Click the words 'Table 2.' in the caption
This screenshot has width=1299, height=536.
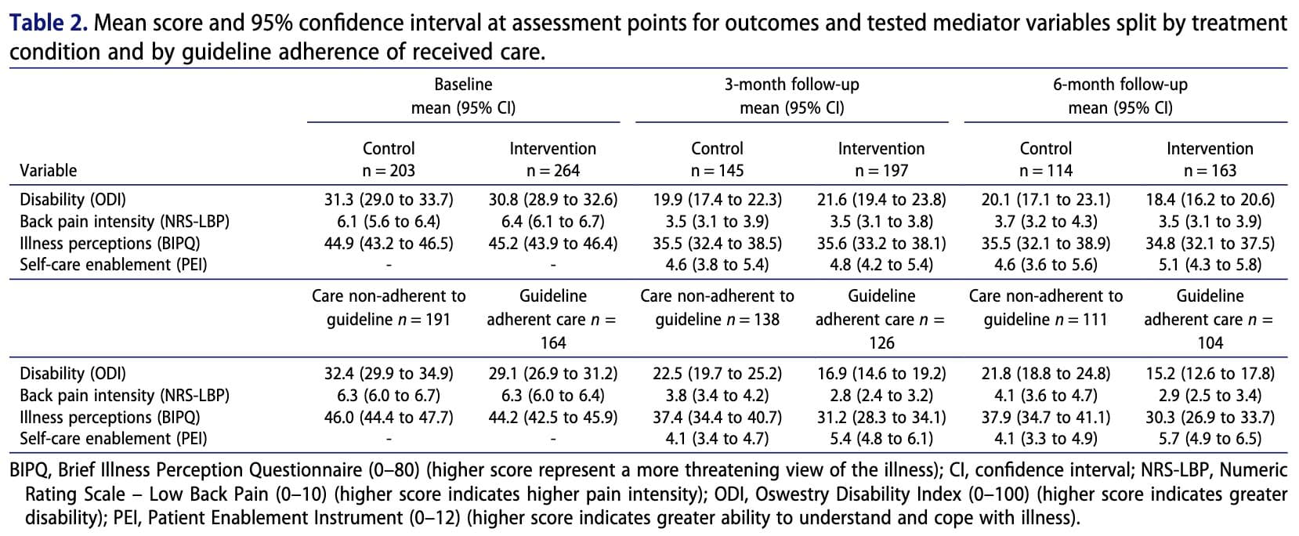(48, 24)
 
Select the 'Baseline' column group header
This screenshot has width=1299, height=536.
(463, 84)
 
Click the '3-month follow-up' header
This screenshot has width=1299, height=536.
(791, 84)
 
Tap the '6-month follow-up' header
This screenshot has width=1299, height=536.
(1120, 84)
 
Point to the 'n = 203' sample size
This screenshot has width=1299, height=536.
(389, 170)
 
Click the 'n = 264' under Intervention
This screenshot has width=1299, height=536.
(553, 170)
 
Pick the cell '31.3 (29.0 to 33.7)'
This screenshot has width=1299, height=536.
(389, 200)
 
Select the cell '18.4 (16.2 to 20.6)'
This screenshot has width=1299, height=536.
(1210, 200)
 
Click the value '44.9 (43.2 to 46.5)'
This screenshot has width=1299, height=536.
(389, 243)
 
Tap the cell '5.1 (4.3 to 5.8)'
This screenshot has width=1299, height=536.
(1210, 265)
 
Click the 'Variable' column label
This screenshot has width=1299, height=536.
(48, 170)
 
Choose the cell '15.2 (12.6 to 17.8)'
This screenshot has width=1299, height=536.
(1210, 374)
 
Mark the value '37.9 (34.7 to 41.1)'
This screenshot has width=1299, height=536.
(1045, 417)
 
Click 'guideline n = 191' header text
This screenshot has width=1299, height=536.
(389, 319)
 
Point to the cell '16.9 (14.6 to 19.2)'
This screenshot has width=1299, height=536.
(881, 374)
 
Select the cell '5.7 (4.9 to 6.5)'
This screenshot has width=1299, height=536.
(1210, 439)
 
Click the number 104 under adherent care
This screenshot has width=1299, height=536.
(1210, 342)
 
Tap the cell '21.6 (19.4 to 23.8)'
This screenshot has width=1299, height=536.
(881, 200)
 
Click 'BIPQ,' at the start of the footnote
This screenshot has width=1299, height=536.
(31, 470)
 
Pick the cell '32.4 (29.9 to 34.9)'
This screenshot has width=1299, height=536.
(389, 374)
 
